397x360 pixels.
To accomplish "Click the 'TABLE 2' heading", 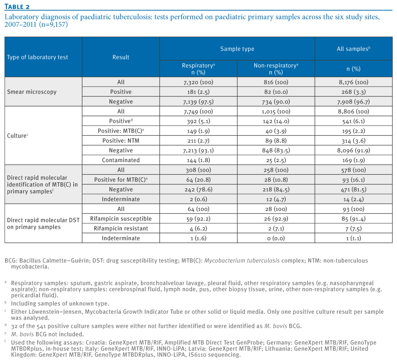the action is click(x=17, y=7).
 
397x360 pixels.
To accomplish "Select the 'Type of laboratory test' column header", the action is click(x=37, y=57).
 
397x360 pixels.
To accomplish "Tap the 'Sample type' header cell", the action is click(x=237, y=49).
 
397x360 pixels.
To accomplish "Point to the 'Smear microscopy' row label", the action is click(x=32, y=92).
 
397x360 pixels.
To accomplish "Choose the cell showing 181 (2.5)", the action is click(x=198, y=92).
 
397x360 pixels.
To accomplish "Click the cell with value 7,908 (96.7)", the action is click(x=354, y=101).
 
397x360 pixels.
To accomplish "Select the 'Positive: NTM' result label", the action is click(x=121, y=141).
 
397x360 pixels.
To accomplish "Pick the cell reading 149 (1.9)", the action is click(x=198, y=131).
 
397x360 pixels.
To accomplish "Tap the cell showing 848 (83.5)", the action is click(x=276, y=150).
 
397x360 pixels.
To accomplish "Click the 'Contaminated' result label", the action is click(x=121, y=160).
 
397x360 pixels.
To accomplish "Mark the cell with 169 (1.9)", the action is click(x=354, y=160).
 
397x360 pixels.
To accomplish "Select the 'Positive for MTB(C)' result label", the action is click(x=121, y=179).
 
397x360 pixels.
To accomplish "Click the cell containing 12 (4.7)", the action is click(x=276, y=199).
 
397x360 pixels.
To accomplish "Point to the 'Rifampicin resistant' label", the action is click(x=121, y=228).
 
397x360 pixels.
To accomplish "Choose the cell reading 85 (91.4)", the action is click(x=354, y=219).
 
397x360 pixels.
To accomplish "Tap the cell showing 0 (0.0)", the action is click(x=276, y=238).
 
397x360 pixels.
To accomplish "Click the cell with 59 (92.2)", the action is click(x=198, y=219).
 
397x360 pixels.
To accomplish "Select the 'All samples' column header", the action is click(x=354, y=49).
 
